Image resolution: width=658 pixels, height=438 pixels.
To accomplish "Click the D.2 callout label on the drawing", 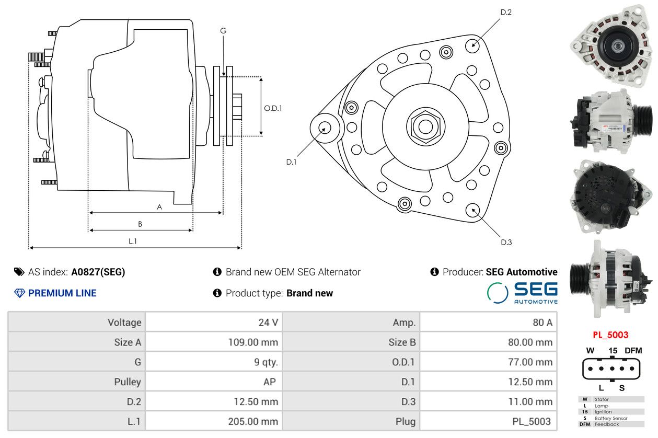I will (505, 12).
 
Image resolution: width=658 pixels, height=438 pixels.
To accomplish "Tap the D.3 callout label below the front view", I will (506, 242).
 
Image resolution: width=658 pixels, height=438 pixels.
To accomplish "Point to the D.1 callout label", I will (291, 162).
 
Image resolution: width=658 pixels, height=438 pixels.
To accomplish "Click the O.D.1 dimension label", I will (273, 108).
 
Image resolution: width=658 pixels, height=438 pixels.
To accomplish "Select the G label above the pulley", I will (223, 31).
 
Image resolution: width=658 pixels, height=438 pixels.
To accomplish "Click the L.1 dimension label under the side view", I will (133, 241).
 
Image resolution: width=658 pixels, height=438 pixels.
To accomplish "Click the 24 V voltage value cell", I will (268, 322).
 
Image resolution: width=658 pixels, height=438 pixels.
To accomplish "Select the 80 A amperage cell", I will (542, 322).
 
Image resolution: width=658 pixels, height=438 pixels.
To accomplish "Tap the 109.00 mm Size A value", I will (253, 342).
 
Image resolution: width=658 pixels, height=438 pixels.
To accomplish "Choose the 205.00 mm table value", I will (253, 421).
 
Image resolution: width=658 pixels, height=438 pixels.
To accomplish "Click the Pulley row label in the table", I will (128, 382).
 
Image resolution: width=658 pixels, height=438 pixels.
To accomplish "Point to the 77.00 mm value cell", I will (530, 362).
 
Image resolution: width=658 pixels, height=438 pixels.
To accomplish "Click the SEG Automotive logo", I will (522, 293).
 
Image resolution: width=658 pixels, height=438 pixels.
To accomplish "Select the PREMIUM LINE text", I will (62, 293).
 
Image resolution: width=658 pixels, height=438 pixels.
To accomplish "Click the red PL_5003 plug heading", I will (610, 335).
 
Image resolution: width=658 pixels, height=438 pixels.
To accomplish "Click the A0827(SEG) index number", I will (98, 272).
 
